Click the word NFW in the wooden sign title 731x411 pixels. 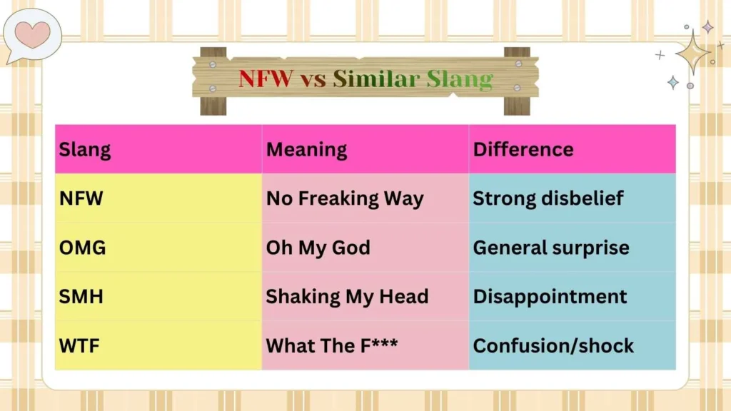point(266,78)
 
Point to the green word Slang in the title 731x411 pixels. point(460,78)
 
